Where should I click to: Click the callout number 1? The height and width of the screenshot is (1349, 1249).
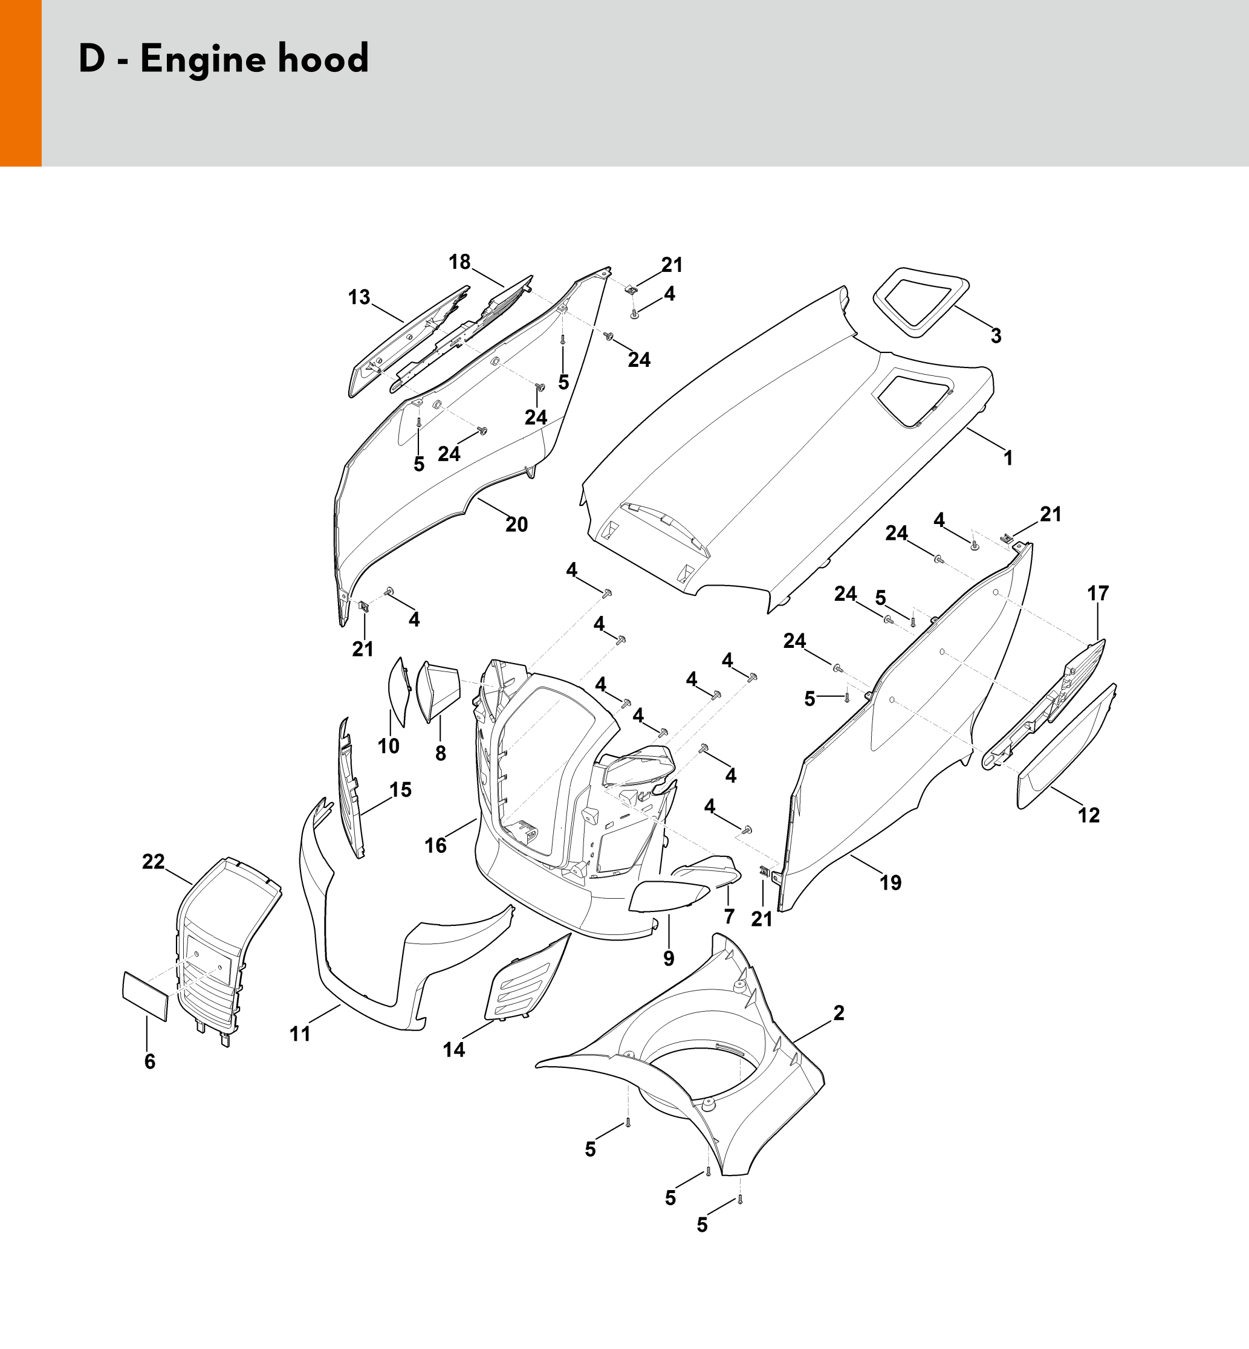(1008, 458)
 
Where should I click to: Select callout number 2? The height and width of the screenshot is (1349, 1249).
(839, 1012)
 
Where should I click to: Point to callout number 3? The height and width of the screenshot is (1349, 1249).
(996, 335)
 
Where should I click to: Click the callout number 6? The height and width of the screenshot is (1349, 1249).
(149, 1062)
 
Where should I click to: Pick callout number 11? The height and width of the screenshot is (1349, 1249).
(299, 1034)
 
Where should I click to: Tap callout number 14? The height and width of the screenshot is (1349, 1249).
(453, 1049)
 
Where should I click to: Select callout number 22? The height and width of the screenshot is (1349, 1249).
(154, 861)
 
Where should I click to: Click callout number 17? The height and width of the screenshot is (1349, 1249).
(1098, 593)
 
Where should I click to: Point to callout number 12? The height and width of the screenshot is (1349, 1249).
(1089, 815)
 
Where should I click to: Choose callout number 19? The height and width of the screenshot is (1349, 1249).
(890, 882)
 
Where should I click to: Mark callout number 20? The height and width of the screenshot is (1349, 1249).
(516, 524)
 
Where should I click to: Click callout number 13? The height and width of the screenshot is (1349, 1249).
(359, 297)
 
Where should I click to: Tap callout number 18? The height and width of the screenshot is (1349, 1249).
(459, 262)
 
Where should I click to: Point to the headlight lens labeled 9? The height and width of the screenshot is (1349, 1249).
(668, 896)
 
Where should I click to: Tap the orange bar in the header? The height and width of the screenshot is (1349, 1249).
(21, 83)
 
